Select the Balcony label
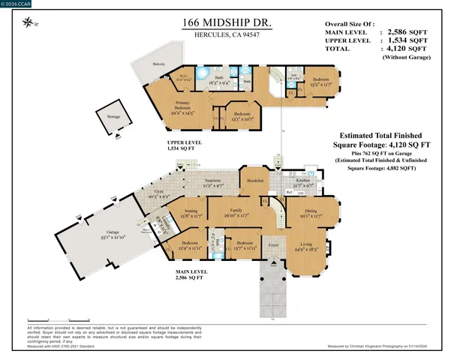(158, 64)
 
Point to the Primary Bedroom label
(182, 104)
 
